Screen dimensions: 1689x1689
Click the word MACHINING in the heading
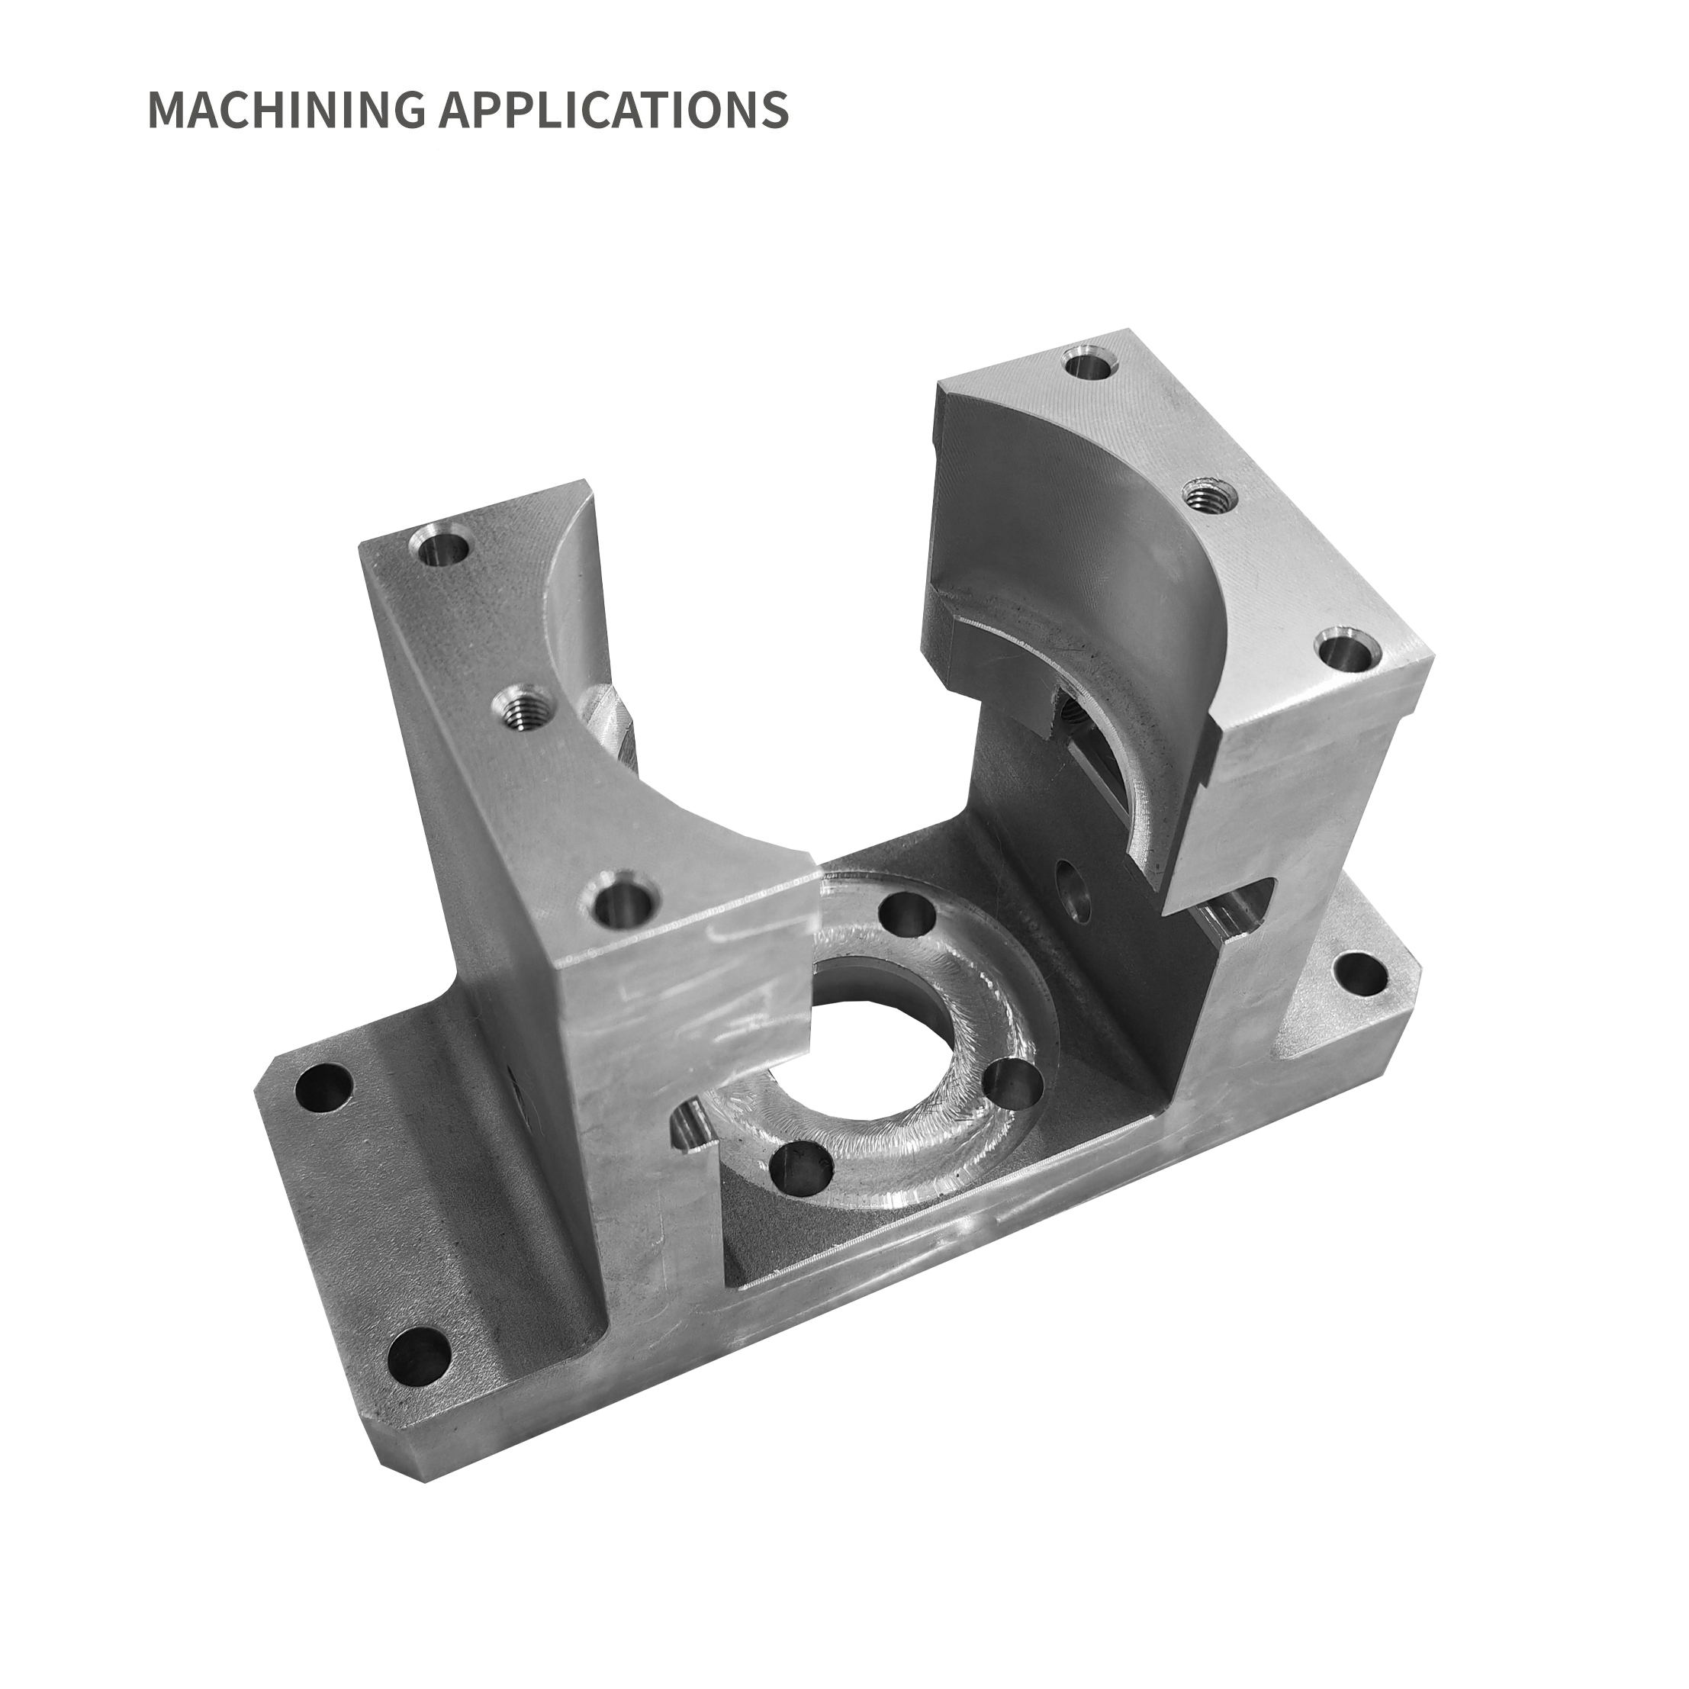(287, 109)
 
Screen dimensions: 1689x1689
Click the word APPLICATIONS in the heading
(613, 109)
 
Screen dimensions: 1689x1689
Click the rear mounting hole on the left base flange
(323, 1089)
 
